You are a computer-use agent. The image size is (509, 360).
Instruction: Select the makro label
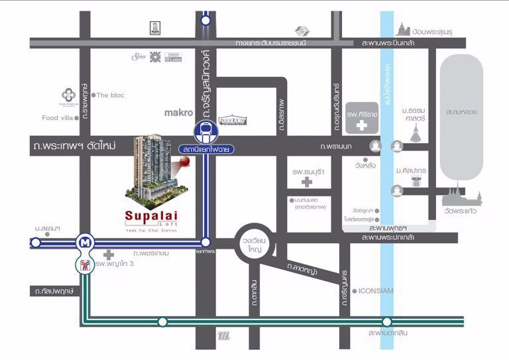point(178,113)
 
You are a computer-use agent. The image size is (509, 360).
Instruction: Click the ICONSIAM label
point(378,290)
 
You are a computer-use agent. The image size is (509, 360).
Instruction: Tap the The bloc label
point(110,95)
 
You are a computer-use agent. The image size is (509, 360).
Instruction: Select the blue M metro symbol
point(84,242)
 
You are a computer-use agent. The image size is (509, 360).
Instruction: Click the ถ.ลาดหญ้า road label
point(302,269)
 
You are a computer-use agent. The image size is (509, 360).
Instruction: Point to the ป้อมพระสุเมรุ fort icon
point(404,29)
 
